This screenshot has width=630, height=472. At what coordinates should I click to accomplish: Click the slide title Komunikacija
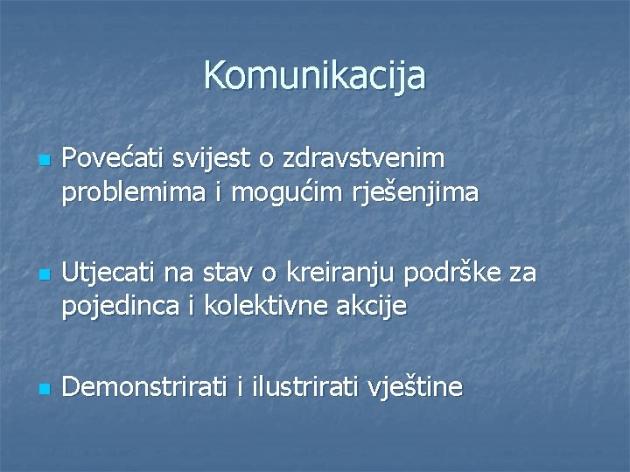[x=315, y=76]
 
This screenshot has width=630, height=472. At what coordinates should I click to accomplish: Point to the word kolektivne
[x=268, y=307]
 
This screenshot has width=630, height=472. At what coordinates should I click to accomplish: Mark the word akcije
[x=376, y=307]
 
